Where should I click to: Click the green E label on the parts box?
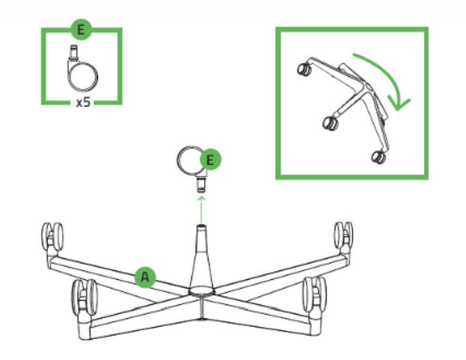[81, 30]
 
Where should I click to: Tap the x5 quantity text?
[83, 103]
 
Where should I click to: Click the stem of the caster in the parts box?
[73, 52]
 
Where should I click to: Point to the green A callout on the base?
[145, 277]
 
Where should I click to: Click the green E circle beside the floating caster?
[210, 160]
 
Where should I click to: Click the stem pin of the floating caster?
[201, 184]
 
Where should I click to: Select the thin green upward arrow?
[201, 210]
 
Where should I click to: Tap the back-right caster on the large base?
[343, 237]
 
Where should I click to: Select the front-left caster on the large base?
[85, 298]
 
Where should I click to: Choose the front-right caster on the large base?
[314, 294]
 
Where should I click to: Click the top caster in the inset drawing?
[304, 69]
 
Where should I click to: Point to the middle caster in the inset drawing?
[331, 123]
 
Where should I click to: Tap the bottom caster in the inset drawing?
[378, 157]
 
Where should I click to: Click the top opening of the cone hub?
[201, 227]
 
